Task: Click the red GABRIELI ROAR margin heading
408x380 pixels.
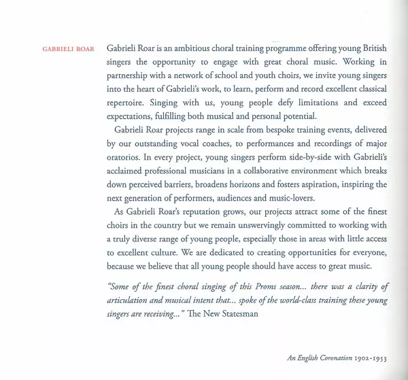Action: coord(67,49)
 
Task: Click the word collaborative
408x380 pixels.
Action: coord(274,171)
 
